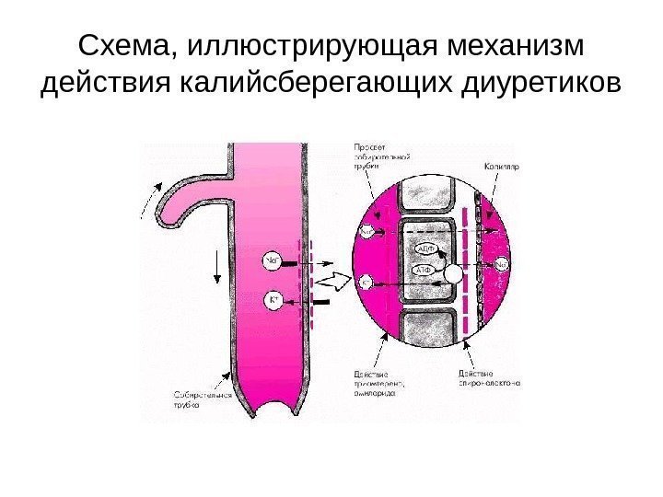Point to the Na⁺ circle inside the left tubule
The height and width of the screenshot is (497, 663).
click(273, 262)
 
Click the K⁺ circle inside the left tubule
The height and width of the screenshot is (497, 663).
click(273, 298)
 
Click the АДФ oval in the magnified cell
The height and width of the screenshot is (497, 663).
click(425, 249)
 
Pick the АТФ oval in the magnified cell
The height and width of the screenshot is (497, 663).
click(423, 271)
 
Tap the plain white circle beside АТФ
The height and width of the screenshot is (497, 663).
click(452, 272)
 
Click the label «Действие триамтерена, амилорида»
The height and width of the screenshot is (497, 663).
click(380, 383)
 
